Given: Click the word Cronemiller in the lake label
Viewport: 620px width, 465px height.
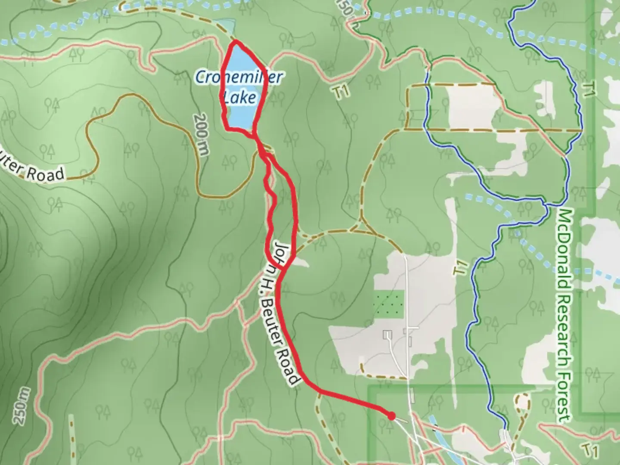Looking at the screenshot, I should point(239,77).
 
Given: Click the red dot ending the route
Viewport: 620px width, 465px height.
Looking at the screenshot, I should point(391,416).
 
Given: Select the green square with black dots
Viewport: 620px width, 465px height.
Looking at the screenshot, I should point(389,304).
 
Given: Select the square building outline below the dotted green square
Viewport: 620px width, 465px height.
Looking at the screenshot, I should point(388,335).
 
